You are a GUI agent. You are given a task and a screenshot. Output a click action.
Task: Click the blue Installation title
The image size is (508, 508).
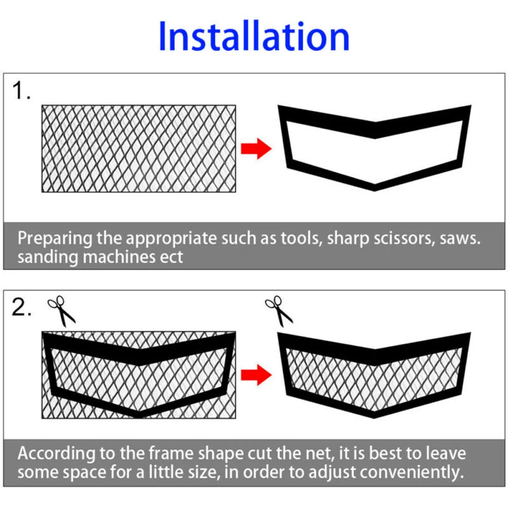tap(254, 36)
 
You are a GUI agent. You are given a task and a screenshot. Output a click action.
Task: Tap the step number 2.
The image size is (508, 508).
tap(21, 307)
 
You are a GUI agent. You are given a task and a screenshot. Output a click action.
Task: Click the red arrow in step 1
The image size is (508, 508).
tap(256, 149)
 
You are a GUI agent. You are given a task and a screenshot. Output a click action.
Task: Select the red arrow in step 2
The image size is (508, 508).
tap(256, 375)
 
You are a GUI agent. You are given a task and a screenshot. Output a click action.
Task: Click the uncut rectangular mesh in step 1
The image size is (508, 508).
tap(139, 149)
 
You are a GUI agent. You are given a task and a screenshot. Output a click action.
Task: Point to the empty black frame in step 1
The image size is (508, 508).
tap(374, 130)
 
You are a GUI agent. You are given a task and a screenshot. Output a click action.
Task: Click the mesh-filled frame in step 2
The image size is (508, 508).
tap(374, 357)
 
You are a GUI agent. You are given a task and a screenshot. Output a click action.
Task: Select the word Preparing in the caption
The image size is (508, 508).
tap(55, 239)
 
